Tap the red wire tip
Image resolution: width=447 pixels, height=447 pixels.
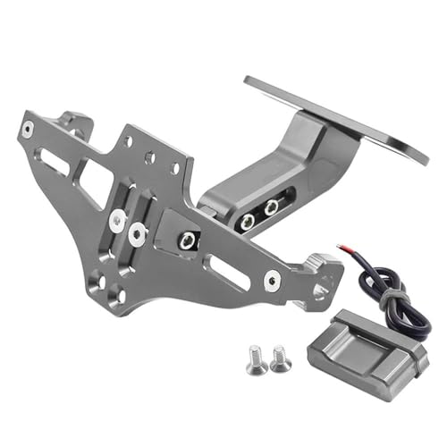point(341,248)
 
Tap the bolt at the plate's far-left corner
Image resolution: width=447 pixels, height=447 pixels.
point(30,129)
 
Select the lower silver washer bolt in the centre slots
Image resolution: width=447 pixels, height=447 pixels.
point(137,235)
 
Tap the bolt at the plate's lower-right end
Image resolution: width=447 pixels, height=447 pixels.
point(272,279)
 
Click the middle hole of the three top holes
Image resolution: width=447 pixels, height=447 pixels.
point(151,156)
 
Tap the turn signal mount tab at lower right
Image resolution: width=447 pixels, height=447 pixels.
point(322,272)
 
